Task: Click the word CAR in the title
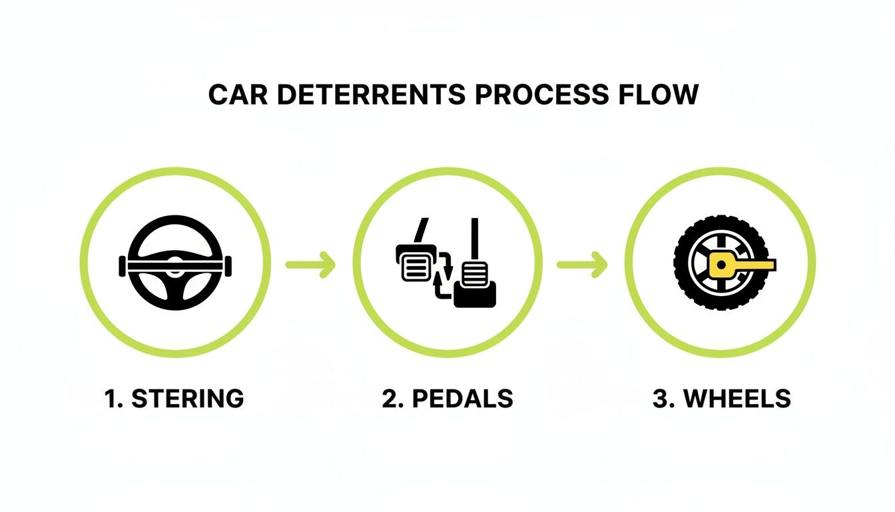tap(237, 95)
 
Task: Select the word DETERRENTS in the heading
tap(370, 95)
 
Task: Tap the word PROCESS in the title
tap(541, 95)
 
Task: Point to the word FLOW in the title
tap(657, 95)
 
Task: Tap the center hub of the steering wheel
tap(174, 269)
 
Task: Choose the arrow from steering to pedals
tap(310, 264)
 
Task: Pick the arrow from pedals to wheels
tap(582, 264)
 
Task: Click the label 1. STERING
tap(174, 399)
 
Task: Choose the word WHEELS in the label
tap(737, 399)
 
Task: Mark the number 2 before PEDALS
tap(389, 399)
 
